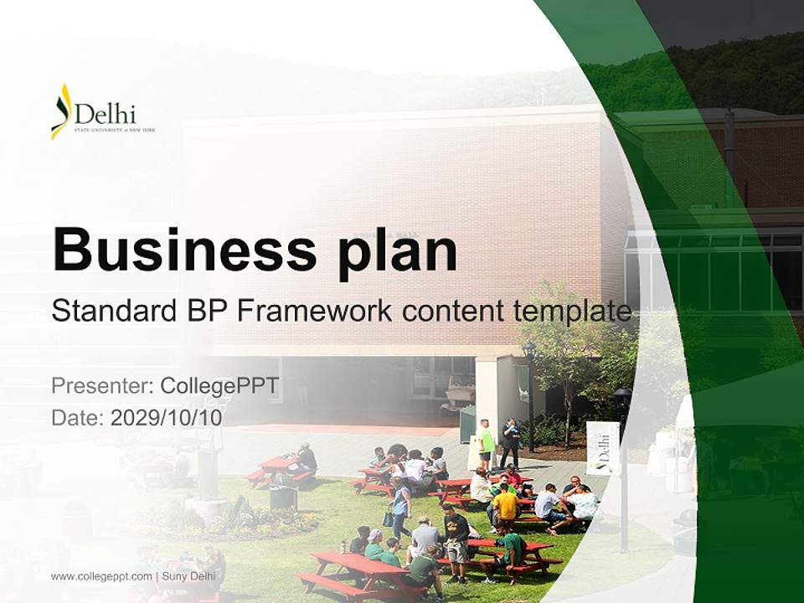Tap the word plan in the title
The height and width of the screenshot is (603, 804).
click(398, 250)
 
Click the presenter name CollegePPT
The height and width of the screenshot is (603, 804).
click(219, 386)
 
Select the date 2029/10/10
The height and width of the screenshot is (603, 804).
click(167, 417)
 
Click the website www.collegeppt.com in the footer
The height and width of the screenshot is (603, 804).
click(101, 576)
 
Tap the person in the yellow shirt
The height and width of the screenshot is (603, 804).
click(505, 506)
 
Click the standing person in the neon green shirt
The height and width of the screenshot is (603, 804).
click(486, 442)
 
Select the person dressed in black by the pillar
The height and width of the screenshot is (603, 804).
click(510, 441)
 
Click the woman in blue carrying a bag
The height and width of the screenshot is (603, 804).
click(401, 506)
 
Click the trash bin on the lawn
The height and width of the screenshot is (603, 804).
click(283, 497)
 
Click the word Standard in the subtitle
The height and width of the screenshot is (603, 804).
click(110, 312)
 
